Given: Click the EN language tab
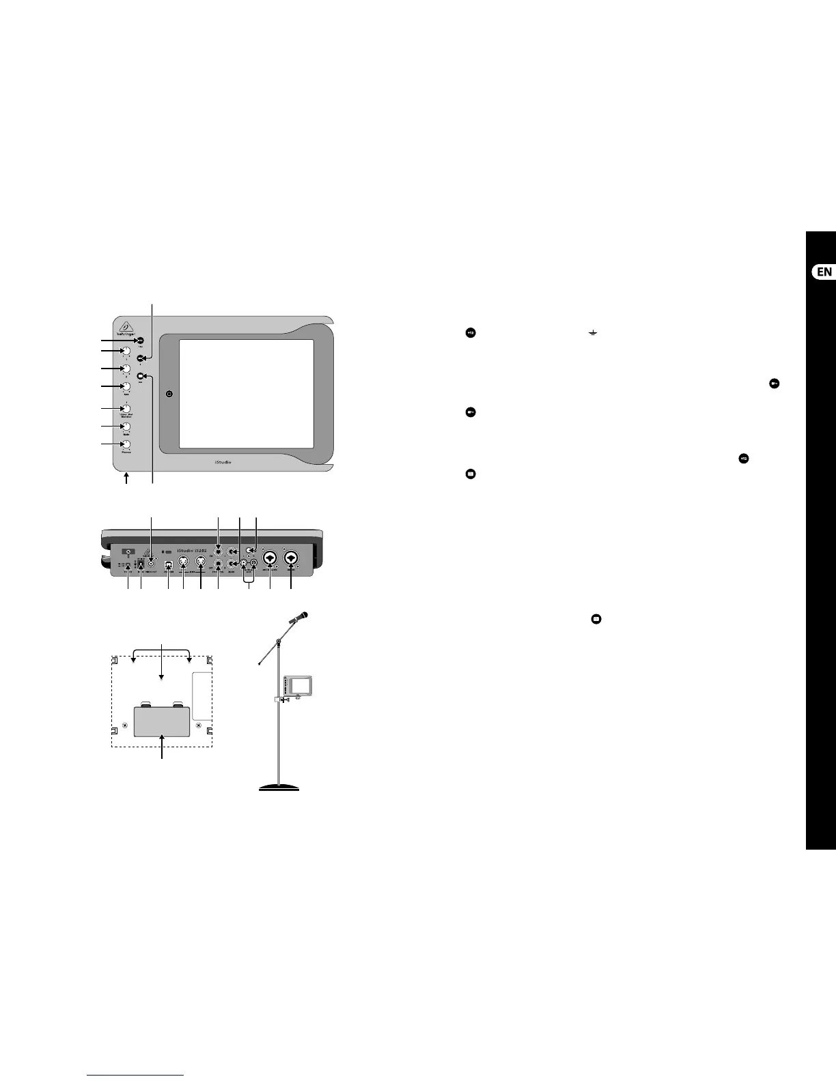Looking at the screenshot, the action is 824,272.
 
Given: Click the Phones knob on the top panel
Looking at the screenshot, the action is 126,445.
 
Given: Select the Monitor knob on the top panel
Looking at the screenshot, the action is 126,409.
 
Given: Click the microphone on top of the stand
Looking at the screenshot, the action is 298,617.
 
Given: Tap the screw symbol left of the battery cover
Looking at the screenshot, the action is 124,725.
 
